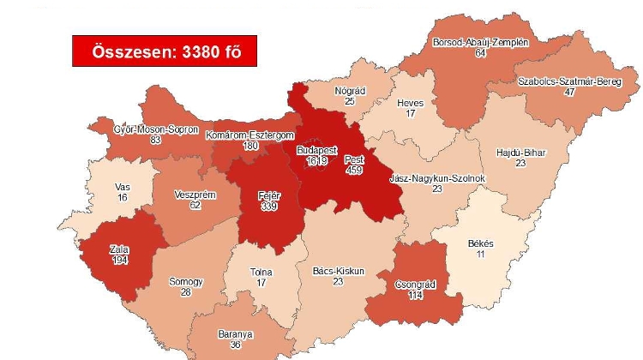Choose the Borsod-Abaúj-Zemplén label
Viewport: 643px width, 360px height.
(x=480, y=41)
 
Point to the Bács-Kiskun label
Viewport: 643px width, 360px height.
(x=339, y=271)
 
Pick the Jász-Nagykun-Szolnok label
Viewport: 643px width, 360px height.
(x=437, y=178)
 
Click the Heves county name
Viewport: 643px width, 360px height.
(x=410, y=103)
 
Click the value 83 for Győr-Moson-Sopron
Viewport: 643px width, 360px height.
(x=155, y=140)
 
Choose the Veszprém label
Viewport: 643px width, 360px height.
(x=195, y=195)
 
